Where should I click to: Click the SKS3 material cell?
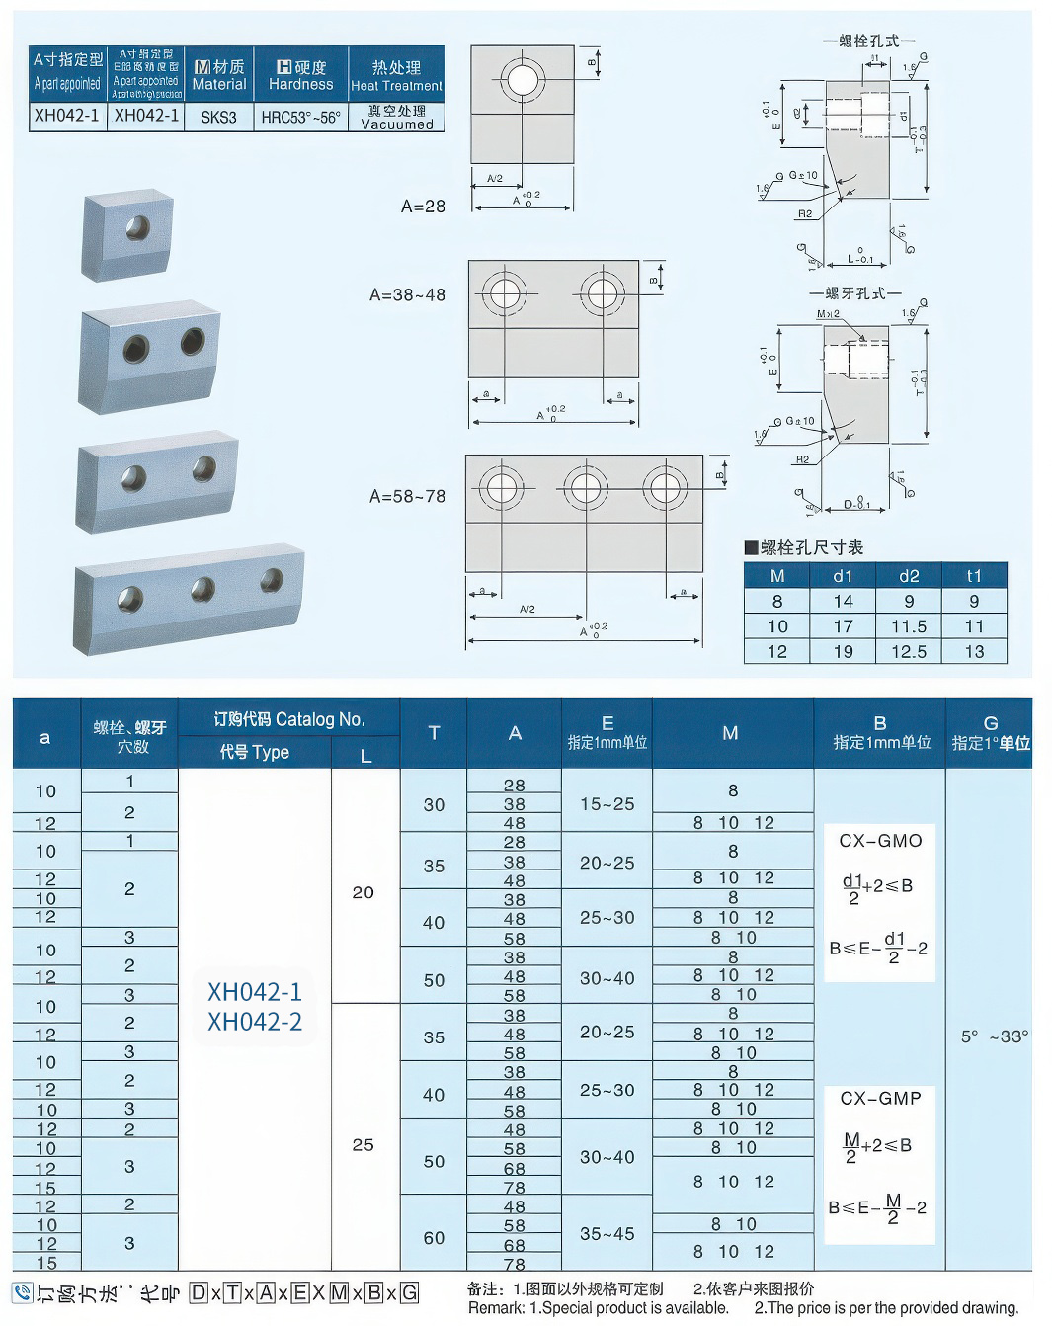pos(218,117)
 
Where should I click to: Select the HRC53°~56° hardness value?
pos(300,117)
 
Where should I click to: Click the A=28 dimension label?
pos(423,207)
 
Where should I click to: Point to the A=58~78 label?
pos(407,496)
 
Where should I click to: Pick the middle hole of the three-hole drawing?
pos(585,489)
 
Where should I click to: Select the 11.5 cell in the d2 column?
pos(909,626)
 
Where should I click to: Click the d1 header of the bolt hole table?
pos(843,575)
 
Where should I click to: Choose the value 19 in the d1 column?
pos(843,652)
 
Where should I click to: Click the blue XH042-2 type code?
pos(255,1022)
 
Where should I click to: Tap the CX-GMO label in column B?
pos(880,841)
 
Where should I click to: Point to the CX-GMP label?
pos(880,1098)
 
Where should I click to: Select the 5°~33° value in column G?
pos(994,1036)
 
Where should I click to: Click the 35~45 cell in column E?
pos(607,1233)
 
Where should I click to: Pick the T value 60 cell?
pos(434,1237)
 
